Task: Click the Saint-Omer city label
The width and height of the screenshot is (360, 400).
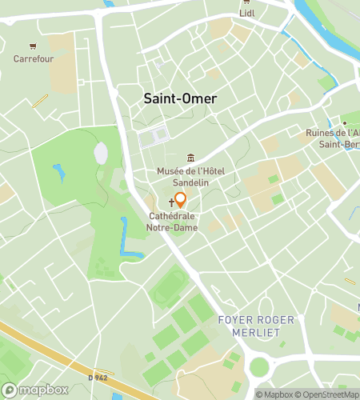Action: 180,98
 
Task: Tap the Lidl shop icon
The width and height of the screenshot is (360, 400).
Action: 246,13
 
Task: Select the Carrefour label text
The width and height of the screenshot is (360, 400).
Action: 32,58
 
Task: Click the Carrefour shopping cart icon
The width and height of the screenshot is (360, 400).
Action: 32,46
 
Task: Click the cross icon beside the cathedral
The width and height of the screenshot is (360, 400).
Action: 171,204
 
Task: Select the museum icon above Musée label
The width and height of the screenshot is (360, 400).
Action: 190,157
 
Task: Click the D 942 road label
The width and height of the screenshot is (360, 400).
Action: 98,378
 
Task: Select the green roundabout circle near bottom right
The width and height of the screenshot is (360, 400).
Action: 259,367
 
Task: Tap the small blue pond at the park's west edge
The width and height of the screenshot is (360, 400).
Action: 58,171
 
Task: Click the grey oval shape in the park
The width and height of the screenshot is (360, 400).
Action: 101,152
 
